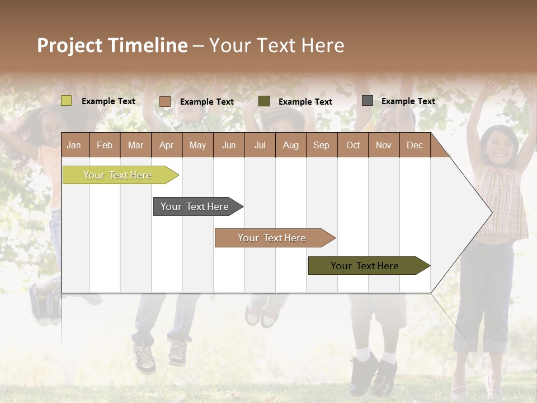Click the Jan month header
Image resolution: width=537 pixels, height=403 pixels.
click(x=74, y=145)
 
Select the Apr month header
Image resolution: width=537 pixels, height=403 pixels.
click(x=166, y=145)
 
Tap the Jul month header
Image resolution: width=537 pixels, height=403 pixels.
click(x=260, y=145)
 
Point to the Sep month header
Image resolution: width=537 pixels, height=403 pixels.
click(x=321, y=145)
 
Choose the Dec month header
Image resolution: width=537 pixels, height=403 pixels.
click(x=414, y=145)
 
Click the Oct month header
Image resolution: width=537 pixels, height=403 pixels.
click(x=353, y=145)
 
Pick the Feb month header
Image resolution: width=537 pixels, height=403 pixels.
click(x=105, y=145)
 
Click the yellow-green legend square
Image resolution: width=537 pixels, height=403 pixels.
click(x=67, y=101)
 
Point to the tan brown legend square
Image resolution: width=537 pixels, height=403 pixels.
click(x=165, y=101)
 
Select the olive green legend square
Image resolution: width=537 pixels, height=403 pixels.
click(x=264, y=101)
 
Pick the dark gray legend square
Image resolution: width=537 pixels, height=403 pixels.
click(x=368, y=101)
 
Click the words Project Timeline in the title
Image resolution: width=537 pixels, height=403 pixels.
click(x=112, y=45)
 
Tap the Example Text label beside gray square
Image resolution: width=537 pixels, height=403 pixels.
click(x=408, y=101)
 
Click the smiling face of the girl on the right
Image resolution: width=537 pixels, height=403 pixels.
click(x=500, y=147)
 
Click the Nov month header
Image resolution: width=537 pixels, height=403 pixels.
click(x=384, y=145)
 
